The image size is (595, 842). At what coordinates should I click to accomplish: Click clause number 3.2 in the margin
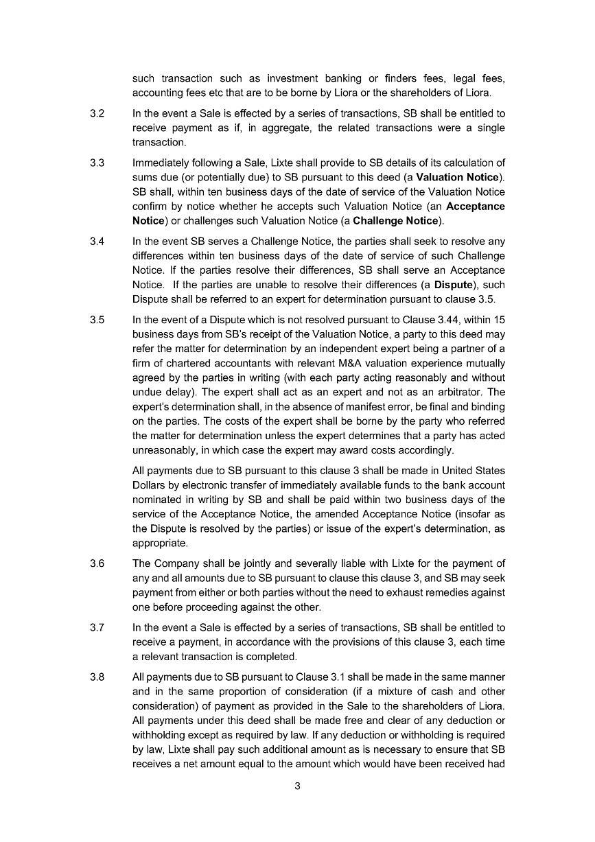[x=97, y=113]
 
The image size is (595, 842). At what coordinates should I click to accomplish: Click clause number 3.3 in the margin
[x=97, y=163]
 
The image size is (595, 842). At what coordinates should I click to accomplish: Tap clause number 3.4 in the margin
[x=97, y=241]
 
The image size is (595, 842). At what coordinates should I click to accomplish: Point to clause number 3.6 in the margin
[x=97, y=563]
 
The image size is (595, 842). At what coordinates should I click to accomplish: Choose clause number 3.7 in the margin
[x=97, y=627]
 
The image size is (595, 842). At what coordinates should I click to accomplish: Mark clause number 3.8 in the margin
[x=97, y=677]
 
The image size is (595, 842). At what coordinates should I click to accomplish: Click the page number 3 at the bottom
[x=297, y=786]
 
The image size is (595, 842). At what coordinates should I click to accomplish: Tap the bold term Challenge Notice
[x=395, y=221]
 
